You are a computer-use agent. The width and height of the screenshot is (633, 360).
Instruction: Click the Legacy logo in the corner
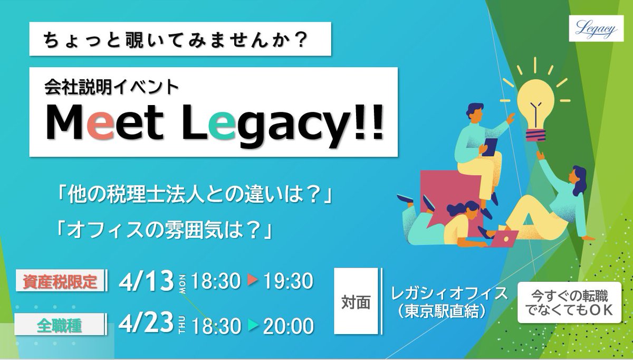click(x=596, y=29)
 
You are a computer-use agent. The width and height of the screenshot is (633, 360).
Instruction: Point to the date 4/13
click(x=146, y=281)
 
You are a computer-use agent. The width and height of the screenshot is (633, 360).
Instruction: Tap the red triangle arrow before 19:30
click(x=252, y=280)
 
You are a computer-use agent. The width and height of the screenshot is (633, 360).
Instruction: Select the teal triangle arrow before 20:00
click(x=252, y=325)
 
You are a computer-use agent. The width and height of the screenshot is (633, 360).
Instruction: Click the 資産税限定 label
click(x=60, y=281)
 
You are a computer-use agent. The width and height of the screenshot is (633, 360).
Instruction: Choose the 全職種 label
click(x=59, y=325)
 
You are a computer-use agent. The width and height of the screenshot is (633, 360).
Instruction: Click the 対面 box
click(x=356, y=301)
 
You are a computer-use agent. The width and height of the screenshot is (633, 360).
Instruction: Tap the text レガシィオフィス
click(x=449, y=293)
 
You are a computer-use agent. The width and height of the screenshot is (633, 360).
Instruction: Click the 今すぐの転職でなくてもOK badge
click(x=569, y=302)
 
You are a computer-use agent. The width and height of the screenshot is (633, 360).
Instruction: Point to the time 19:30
click(x=289, y=281)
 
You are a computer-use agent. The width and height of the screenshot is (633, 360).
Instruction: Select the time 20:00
click(x=289, y=326)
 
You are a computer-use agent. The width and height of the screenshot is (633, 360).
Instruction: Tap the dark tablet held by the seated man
click(x=490, y=147)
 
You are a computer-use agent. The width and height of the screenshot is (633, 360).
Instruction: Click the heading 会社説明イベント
click(x=112, y=87)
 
